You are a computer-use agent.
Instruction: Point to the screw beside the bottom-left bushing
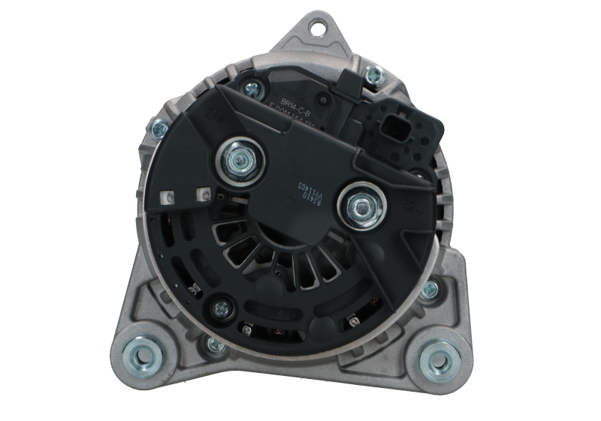[213, 344]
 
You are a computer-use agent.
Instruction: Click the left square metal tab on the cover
[167, 198]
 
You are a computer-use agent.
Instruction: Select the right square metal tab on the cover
[201, 194]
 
